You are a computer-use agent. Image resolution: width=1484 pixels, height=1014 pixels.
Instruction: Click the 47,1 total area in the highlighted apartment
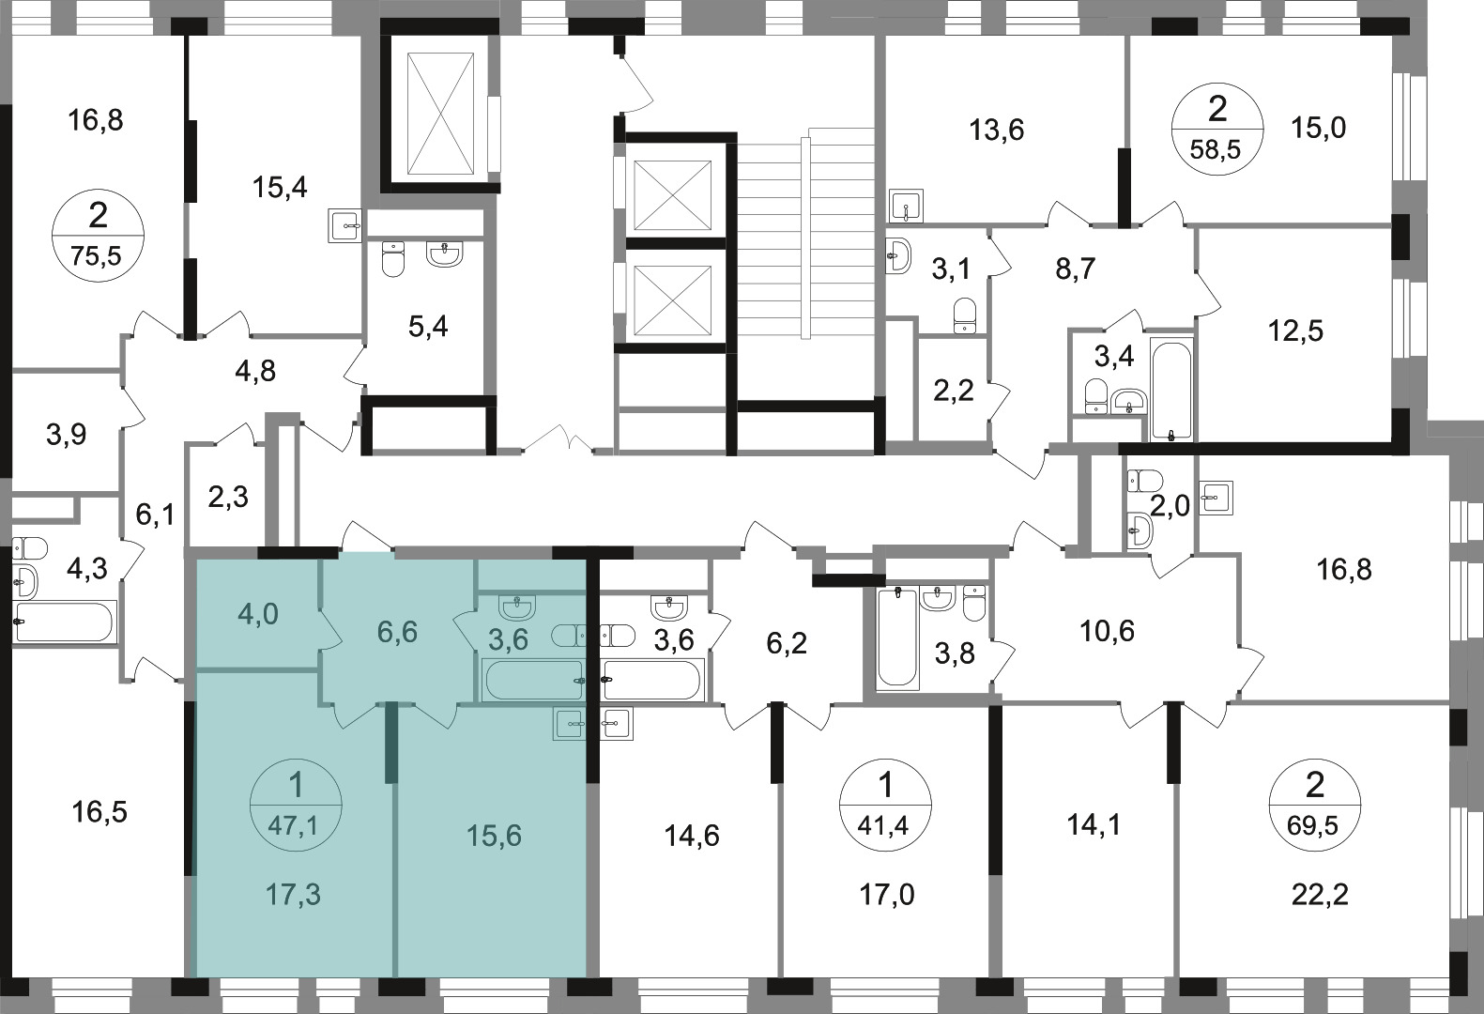click(293, 826)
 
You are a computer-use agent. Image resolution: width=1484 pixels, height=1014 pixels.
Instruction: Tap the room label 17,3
click(293, 894)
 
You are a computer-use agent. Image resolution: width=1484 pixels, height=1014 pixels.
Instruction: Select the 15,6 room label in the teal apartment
click(494, 836)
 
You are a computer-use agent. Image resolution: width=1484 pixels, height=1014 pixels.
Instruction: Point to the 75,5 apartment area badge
click(97, 235)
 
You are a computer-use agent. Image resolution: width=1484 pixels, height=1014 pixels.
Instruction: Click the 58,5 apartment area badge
click(1217, 130)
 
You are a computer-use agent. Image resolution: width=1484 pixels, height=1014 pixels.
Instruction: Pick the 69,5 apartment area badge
click(1314, 806)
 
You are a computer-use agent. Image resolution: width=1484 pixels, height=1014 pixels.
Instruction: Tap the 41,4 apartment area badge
click(885, 806)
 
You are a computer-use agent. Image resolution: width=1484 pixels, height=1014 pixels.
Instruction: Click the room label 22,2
click(1320, 895)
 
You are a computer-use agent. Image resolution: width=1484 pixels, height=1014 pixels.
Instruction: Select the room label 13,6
click(997, 130)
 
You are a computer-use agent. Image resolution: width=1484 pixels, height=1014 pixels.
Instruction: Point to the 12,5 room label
click(1295, 330)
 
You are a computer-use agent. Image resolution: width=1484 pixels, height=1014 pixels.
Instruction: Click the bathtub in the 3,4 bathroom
click(1171, 389)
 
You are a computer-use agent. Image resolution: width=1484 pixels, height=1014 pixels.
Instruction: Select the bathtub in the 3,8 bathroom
click(896, 638)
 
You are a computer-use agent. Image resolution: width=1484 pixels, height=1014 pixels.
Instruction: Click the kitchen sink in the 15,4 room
click(344, 226)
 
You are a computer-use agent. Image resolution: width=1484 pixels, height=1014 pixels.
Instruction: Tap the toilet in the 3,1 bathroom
click(965, 315)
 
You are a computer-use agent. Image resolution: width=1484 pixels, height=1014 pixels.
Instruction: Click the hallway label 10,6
click(1107, 631)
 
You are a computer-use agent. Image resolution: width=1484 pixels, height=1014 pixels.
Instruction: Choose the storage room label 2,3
click(228, 497)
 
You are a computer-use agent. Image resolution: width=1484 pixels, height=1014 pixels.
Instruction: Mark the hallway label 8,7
click(1076, 269)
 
